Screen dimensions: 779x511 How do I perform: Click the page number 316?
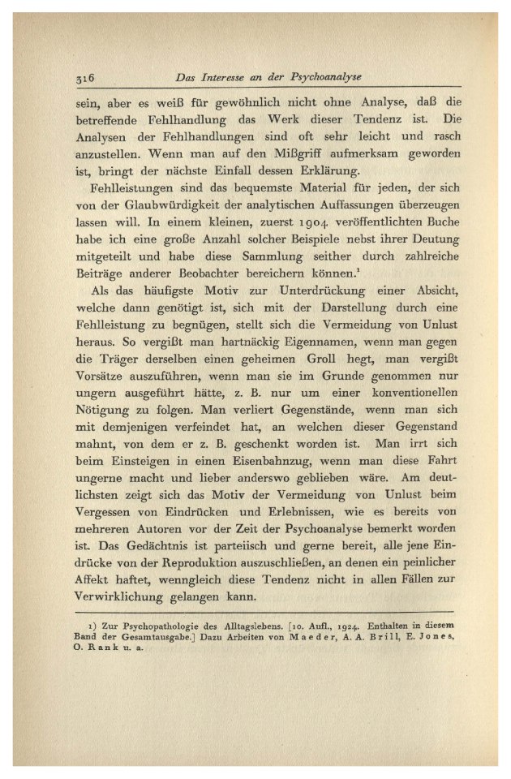[x=84, y=78]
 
